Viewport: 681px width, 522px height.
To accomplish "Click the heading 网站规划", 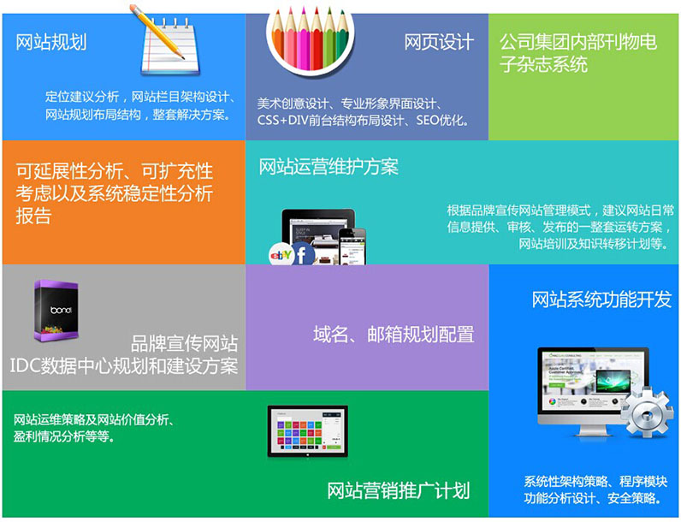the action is (51, 42).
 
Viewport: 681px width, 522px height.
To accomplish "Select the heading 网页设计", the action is (439, 42).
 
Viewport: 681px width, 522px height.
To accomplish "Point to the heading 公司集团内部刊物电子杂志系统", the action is (578, 53).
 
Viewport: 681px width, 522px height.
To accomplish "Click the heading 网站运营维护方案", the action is (329, 167).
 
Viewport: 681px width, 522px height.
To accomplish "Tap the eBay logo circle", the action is (281, 255).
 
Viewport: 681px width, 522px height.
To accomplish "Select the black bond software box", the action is (56, 311).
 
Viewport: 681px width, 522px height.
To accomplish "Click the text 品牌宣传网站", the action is (184, 343).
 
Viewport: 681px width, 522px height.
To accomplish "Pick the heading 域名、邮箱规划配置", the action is (394, 335).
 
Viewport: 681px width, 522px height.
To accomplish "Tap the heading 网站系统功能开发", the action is (601, 300).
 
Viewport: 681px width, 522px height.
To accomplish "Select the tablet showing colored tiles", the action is (307, 431).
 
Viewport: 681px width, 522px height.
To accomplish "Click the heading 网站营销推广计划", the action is (399, 490).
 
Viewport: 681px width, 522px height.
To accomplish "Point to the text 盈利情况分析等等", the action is (65, 436).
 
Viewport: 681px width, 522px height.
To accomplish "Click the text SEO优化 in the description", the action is (442, 120).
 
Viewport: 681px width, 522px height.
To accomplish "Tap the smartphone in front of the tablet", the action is (352, 246).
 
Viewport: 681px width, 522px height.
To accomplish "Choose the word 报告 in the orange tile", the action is (33, 216).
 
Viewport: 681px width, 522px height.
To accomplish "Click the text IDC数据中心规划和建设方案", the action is (124, 366).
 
